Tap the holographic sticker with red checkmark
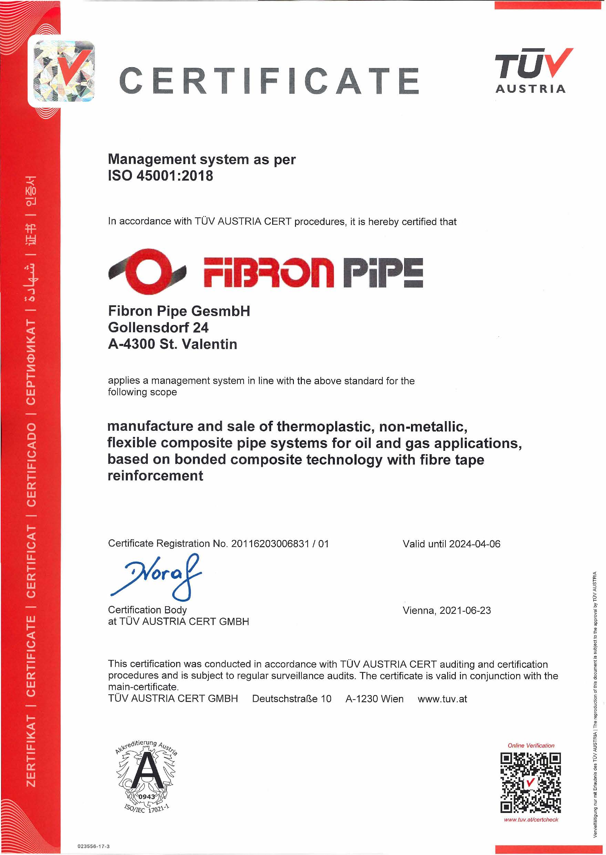tap(64, 71)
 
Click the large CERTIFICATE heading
tap(269, 81)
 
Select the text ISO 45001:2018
tap(161, 176)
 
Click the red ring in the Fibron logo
tap(148, 271)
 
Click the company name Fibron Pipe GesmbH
tap(179, 311)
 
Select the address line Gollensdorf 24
tap(158, 327)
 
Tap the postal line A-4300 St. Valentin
tap(172, 344)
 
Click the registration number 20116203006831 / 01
tap(280, 543)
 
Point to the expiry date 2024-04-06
tap(475, 544)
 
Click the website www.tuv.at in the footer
tap(442, 699)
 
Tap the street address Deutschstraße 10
tap(291, 699)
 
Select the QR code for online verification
tap(530, 783)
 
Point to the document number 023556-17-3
tap(94, 846)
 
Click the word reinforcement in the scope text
tap(155, 476)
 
